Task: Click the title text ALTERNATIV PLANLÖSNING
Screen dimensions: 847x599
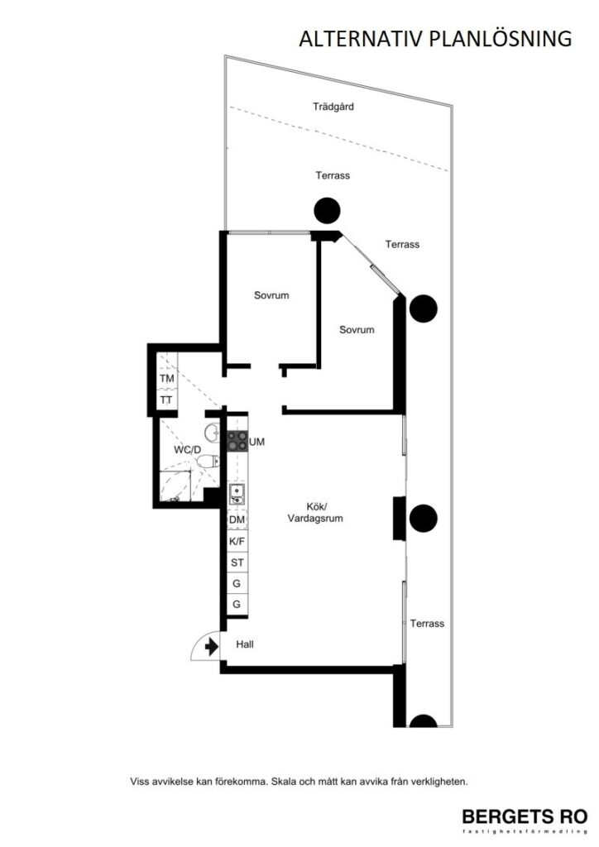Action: tap(435, 38)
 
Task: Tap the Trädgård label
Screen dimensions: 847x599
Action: tap(333, 107)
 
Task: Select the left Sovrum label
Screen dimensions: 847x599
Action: tap(271, 295)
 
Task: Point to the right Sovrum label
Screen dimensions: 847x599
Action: tap(357, 329)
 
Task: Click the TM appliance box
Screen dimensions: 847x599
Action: tap(167, 379)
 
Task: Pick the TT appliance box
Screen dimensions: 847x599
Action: tap(167, 400)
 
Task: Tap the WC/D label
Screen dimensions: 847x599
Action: tap(186, 450)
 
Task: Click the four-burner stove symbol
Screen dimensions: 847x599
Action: tap(237, 442)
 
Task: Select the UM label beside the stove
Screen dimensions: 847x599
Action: tap(257, 443)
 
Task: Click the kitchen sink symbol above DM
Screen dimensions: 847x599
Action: tap(237, 495)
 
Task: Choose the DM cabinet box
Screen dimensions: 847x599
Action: tap(237, 519)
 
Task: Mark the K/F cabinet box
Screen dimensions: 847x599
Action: tap(237, 541)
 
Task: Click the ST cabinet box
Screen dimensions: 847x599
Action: tap(237, 562)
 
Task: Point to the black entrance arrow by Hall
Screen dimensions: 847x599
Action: tap(211, 645)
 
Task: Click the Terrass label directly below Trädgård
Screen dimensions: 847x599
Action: tap(333, 175)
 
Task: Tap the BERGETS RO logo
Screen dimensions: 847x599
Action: tap(524, 815)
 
